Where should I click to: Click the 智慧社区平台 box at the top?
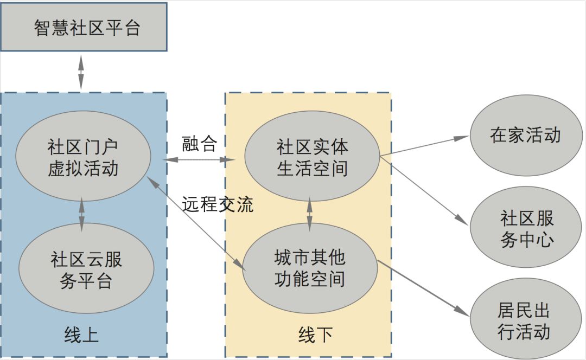click(84, 27)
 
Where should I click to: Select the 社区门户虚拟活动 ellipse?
click(83, 158)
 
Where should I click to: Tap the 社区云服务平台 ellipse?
click(86, 269)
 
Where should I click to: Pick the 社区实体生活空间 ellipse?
click(311, 157)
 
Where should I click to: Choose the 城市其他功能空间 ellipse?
click(310, 268)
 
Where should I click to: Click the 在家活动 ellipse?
click(525, 135)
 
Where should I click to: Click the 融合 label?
click(200, 144)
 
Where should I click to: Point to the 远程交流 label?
click(218, 205)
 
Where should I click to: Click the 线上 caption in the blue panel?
click(81, 335)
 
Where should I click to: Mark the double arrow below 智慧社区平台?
click(81, 71)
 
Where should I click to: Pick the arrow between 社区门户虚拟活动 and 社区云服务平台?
click(82, 215)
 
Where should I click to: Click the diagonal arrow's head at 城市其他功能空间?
click(239, 263)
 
